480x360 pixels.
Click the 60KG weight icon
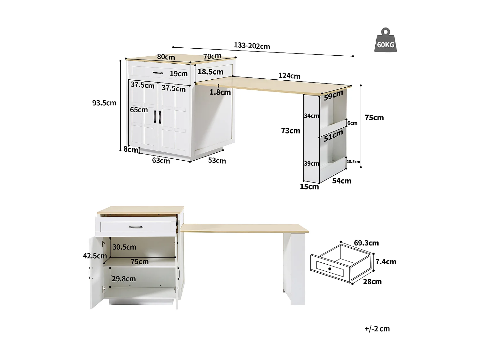pyautogui.click(x=386, y=41)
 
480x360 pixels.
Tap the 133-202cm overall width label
pyautogui.click(x=252, y=46)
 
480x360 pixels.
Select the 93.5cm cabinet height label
pyautogui.click(x=104, y=103)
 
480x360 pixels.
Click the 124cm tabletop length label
pyautogui.click(x=289, y=76)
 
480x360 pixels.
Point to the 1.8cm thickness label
pyautogui.click(x=220, y=92)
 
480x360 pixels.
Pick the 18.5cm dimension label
pyautogui.click(x=210, y=72)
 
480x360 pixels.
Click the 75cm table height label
pyautogui.click(x=374, y=118)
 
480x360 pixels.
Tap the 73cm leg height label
pyautogui.click(x=291, y=131)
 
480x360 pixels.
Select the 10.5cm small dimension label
pyautogui.click(x=353, y=162)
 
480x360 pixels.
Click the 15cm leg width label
pyautogui.click(x=309, y=187)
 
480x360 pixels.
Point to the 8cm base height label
pyautogui.click(x=131, y=149)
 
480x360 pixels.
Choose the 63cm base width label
pyautogui.click(x=161, y=160)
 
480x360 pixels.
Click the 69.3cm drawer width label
pyautogui.click(x=366, y=243)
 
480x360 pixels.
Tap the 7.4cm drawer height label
pyautogui.click(x=386, y=262)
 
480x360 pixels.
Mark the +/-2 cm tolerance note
pyautogui.click(x=377, y=329)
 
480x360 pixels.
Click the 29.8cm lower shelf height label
pyautogui.click(x=124, y=279)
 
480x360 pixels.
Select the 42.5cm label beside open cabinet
pyautogui.click(x=95, y=256)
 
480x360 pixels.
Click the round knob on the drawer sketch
pyautogui.click(x=330, y=269)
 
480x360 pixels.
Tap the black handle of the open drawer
pyautogui.click(x=136, y=227)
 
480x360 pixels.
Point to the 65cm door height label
pyautogui.click(x=139, y=110)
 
